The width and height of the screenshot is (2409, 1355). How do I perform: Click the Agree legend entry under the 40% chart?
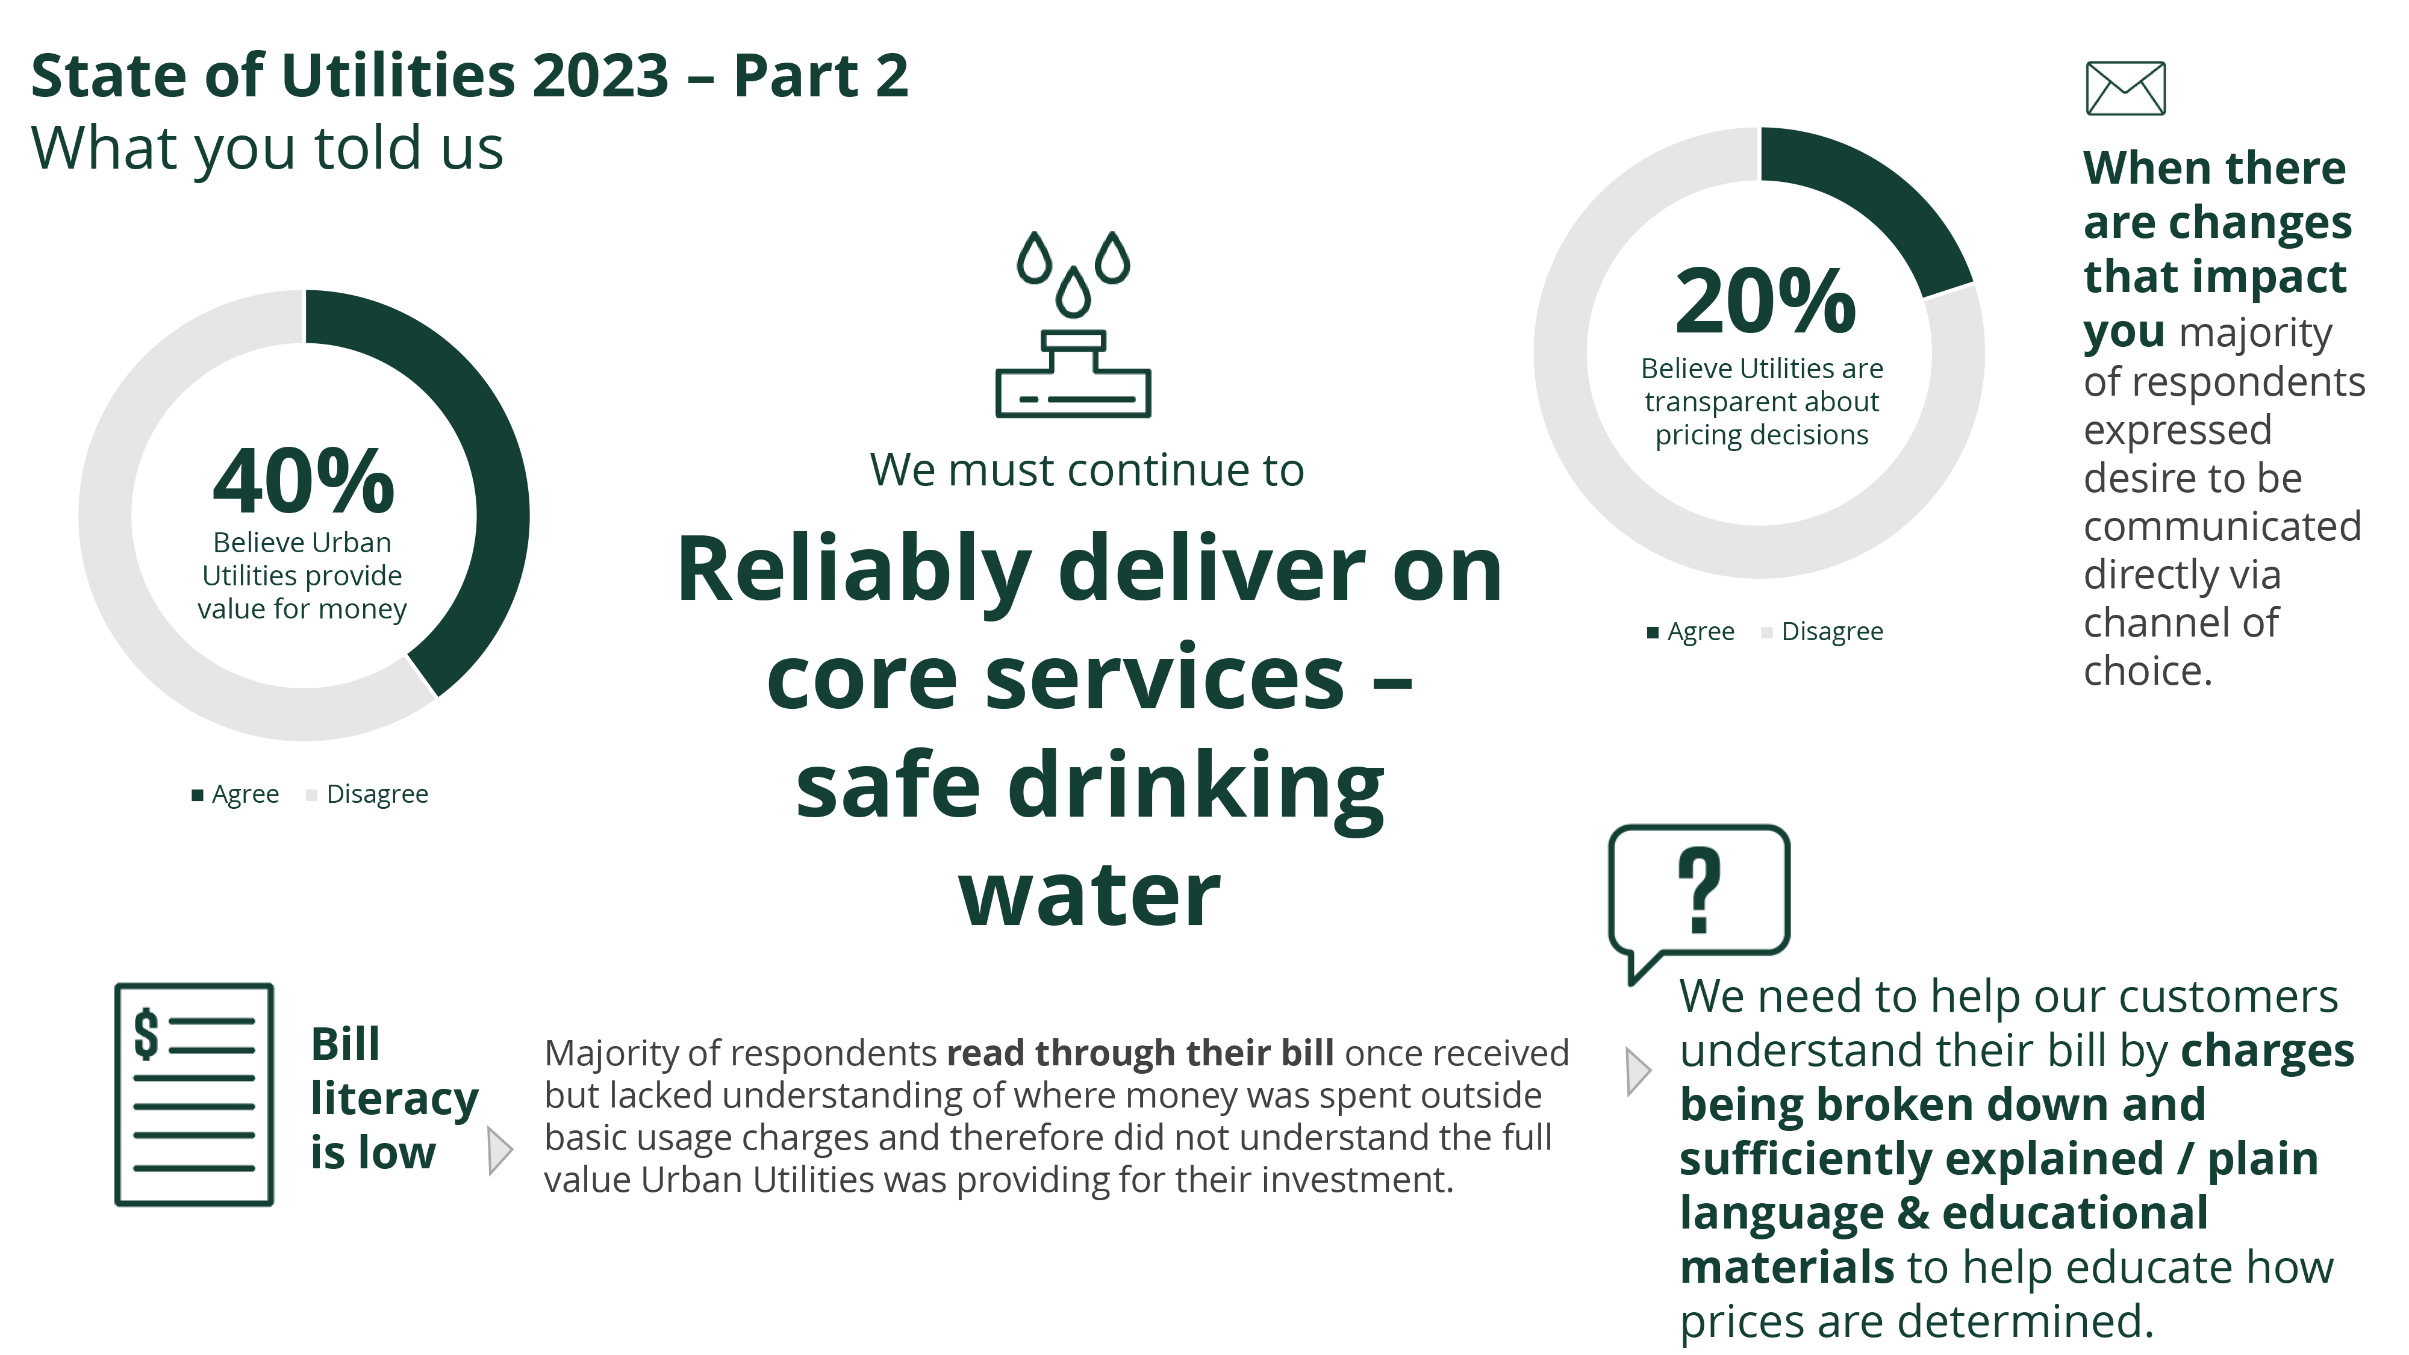[235, 794]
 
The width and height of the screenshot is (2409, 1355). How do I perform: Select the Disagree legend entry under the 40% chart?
[367, 794]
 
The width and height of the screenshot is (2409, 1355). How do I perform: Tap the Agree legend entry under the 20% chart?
[1691, 632]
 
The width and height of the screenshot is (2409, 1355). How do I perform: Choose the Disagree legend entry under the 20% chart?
[1822, 632]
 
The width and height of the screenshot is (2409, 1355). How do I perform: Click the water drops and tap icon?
[1073, 323]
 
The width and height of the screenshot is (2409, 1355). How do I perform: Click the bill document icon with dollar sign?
[193, 1094]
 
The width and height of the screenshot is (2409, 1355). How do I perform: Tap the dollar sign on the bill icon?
[146, 1034]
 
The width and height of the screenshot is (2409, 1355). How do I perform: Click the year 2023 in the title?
[600, 76]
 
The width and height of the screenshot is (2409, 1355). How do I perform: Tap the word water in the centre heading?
[1089, 895]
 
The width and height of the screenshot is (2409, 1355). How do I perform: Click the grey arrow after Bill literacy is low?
[500, 1150]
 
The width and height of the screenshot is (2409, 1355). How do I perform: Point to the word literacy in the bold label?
[394, 1100]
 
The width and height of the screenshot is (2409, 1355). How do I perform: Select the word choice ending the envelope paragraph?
[2148, 671]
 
